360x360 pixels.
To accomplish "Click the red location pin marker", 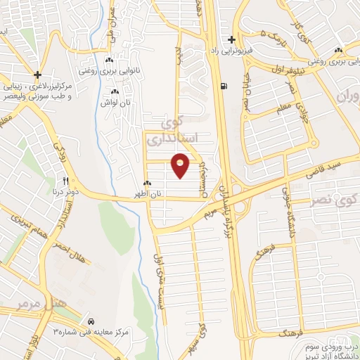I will [181, 165].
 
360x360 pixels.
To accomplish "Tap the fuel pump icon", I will [224, 87].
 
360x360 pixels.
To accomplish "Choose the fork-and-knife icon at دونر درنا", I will [65, 182].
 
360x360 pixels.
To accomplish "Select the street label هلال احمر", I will [71, 252].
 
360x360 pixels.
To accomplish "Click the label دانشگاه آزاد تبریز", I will [330, 352].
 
